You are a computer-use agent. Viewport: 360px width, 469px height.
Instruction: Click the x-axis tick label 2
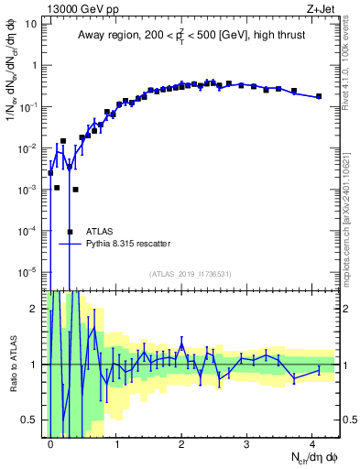(181, 442)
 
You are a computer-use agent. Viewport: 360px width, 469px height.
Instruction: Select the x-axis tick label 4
(312, 442)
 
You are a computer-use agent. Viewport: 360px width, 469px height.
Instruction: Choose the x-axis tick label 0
(50, 442)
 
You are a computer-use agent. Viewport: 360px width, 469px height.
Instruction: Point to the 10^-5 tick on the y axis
(27, 272)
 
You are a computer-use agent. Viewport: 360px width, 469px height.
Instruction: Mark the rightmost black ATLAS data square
(319, 96)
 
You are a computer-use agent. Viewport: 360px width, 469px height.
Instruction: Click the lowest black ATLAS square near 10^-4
(70, 232)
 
